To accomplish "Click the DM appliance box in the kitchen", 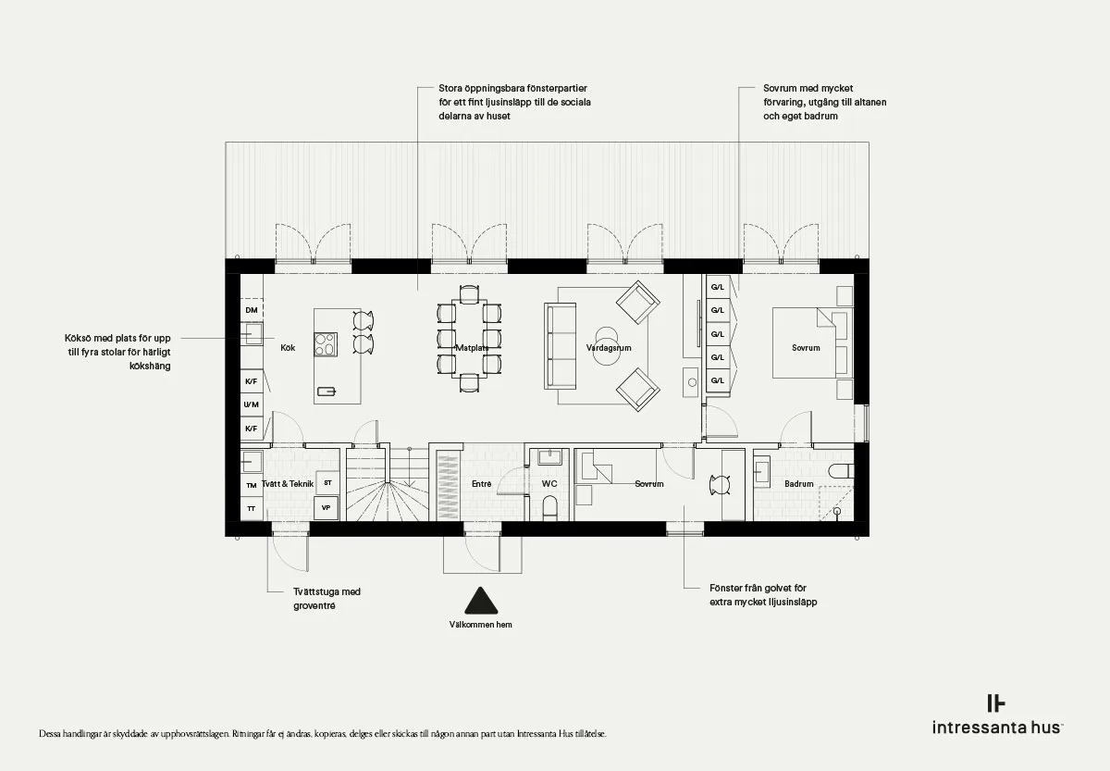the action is click(252, 310).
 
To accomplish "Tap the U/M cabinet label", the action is click(252, 404).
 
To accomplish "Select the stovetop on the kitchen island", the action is click(326, 344).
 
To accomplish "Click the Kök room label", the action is click(288, 348).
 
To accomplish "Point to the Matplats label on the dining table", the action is click(472, 348).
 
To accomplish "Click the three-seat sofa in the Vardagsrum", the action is click(561, 346).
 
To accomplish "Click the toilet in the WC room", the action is click(550, 509).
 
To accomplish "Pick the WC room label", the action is click(549, 483).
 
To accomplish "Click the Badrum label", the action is click(799, 483).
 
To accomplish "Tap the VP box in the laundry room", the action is click(326, 508).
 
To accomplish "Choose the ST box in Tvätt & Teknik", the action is click(327, 483).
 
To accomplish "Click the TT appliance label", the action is click(252, 509).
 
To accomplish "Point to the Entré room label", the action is click(481, 483).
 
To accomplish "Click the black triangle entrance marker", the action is click(481, 601).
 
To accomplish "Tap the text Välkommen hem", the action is click(481, 625).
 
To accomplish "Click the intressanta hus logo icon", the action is click(996, 703).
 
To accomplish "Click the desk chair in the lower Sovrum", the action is click(720, 485).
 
